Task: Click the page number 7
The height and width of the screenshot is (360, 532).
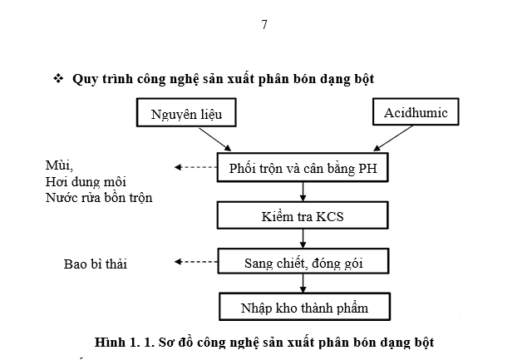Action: coord(264,25)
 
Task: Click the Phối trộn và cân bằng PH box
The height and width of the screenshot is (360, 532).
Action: coord(303,169)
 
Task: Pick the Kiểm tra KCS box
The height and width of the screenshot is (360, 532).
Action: coord(303,216)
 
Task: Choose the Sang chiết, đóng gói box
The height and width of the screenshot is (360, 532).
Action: coord(303,264)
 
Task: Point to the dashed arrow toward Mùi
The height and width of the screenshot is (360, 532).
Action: coord(195,167)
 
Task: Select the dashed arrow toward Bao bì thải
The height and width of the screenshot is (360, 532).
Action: coord(195,263)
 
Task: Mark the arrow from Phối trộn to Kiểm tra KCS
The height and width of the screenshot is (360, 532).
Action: coord(303,193)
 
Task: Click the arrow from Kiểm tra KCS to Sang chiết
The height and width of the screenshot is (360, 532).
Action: coord(303,240)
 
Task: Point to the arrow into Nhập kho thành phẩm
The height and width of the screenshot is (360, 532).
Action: coord(303,285)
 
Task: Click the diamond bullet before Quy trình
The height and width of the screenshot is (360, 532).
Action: coord(58,78)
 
